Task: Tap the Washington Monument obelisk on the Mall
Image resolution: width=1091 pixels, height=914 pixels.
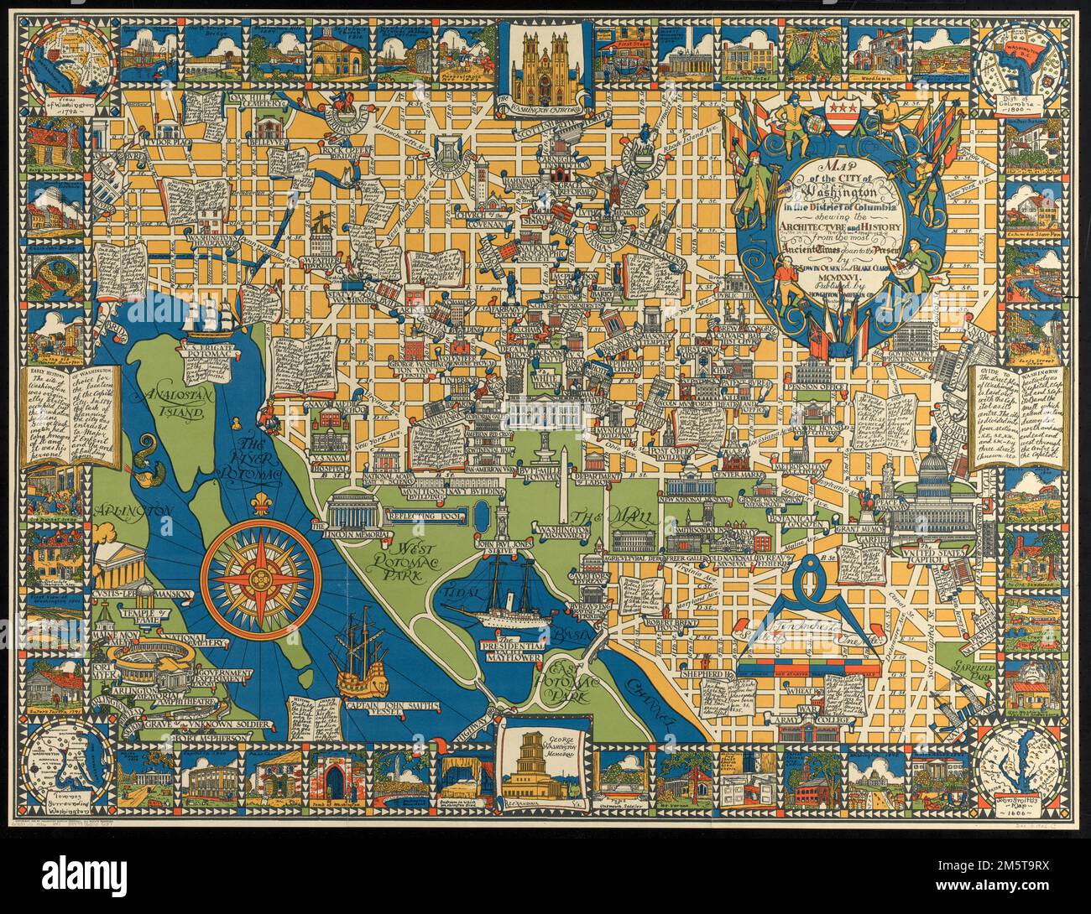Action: [x=566, y=486]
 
